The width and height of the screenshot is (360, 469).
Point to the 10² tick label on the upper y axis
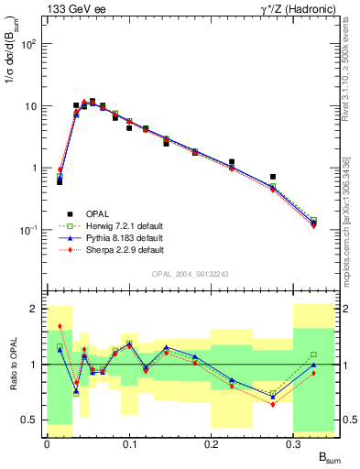point(29,44)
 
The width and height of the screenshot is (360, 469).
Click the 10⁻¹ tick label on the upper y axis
point(29,230)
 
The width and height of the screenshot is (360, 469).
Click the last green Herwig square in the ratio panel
point(313,354)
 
